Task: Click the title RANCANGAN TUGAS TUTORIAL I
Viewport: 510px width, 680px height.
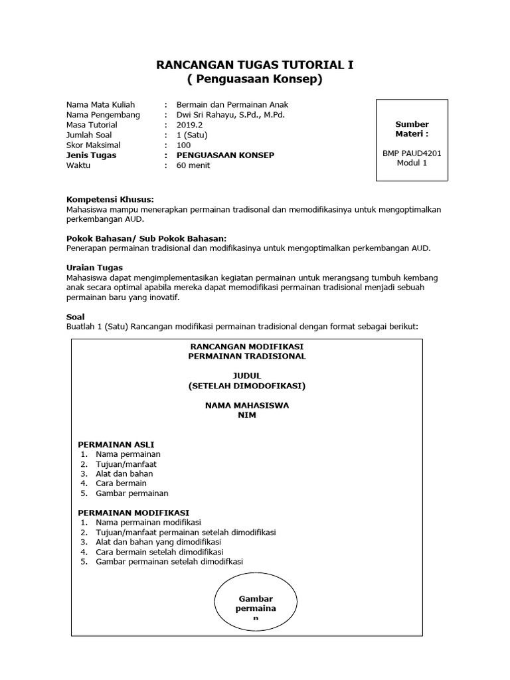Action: point(255,65)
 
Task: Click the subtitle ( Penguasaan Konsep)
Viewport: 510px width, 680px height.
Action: point(255,80)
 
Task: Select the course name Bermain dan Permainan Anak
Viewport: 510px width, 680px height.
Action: point(232,105)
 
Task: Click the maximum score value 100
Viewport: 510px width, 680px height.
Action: point(184,145)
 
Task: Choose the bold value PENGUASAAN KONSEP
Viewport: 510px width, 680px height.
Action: point(225,155)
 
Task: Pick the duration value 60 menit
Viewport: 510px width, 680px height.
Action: point(193,165)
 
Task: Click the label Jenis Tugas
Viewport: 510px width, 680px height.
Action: point(92,155)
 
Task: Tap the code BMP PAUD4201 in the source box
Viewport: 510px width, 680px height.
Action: point(412,153)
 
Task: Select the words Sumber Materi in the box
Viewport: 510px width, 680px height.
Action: point(412,129)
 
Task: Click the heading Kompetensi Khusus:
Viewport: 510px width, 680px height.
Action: point(110,199)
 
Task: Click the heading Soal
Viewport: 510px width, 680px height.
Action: point(76,317)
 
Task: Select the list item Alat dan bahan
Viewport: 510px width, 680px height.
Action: point(124,473)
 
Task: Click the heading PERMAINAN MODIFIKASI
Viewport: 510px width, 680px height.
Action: point(133,513)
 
